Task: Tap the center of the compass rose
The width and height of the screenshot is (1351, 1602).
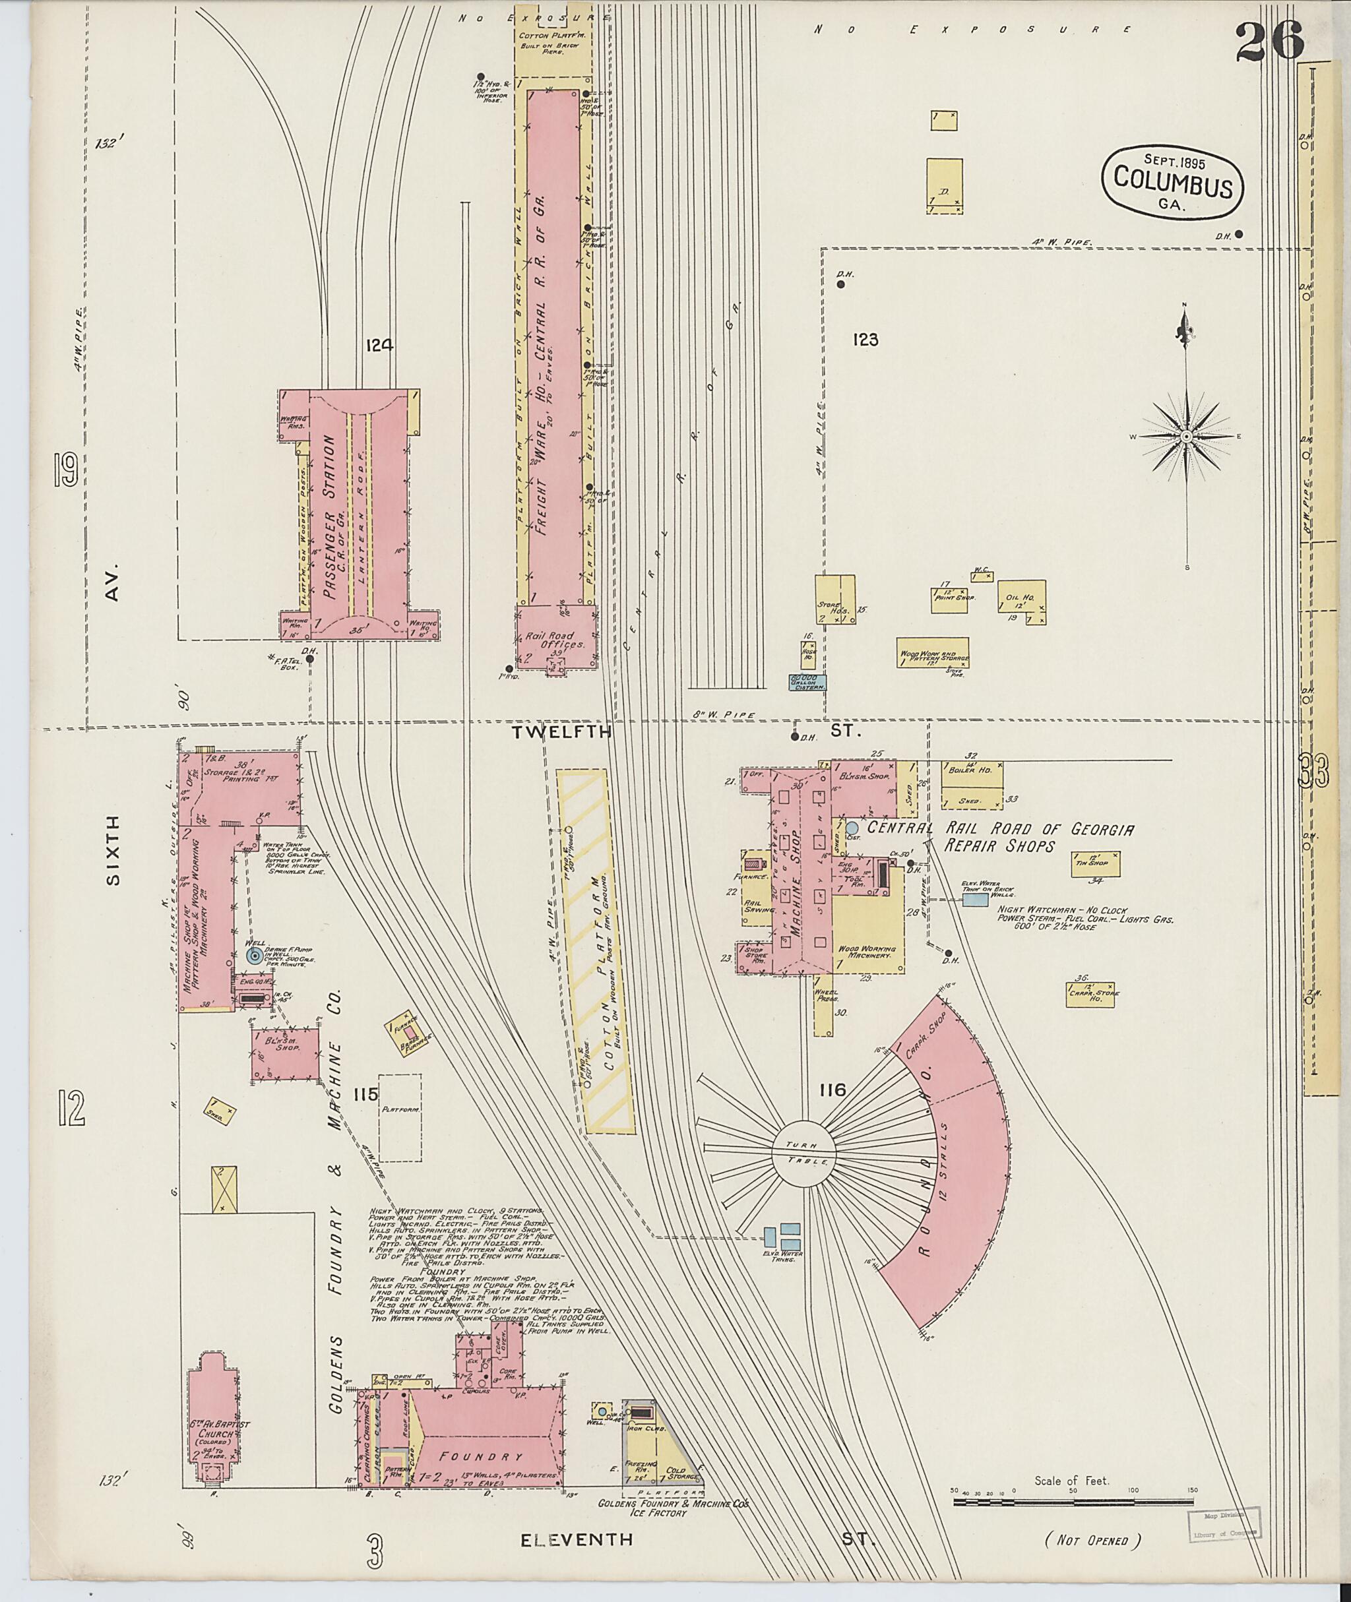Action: (1185, 437)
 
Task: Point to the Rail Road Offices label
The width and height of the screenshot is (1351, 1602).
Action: (556, 640)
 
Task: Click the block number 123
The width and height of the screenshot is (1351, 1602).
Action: (865, 340)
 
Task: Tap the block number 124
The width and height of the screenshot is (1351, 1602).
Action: (379, 346)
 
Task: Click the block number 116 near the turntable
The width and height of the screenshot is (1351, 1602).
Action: (831, 1090)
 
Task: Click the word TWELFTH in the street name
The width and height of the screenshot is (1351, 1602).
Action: (562, 732)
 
